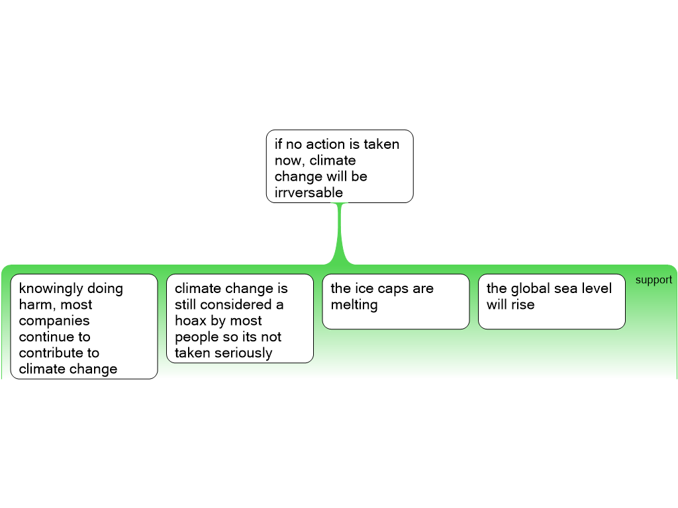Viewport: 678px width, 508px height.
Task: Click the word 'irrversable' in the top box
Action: click(309, 192)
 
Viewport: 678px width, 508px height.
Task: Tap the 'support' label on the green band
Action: click(654, 280)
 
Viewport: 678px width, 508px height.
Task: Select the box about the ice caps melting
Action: click(395, 301)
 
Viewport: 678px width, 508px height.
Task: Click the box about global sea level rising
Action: click(552, 301)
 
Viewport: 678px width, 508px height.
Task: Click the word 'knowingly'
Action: click(52, 289)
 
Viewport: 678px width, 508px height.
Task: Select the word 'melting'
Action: click(354, 305)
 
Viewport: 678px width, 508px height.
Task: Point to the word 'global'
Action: click(530, 288)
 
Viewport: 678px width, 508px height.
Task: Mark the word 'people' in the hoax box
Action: click(196, 337)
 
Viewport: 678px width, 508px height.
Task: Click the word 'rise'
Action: click(522, 305)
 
